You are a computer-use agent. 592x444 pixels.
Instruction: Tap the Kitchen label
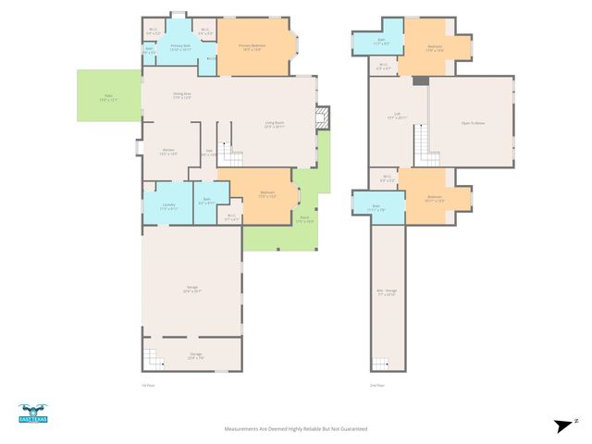point(168,152)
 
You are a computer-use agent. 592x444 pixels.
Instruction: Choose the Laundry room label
point(167,206)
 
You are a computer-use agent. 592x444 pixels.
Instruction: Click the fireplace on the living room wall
point(322,118)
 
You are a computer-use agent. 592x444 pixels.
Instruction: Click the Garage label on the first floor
point(191,290)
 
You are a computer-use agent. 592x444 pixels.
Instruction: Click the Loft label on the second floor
point(396,117)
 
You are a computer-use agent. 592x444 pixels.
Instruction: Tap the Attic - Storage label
point(386,293)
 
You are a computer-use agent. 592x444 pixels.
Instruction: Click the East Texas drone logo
point(32,413)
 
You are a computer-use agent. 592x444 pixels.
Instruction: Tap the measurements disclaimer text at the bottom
point(296,429)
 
